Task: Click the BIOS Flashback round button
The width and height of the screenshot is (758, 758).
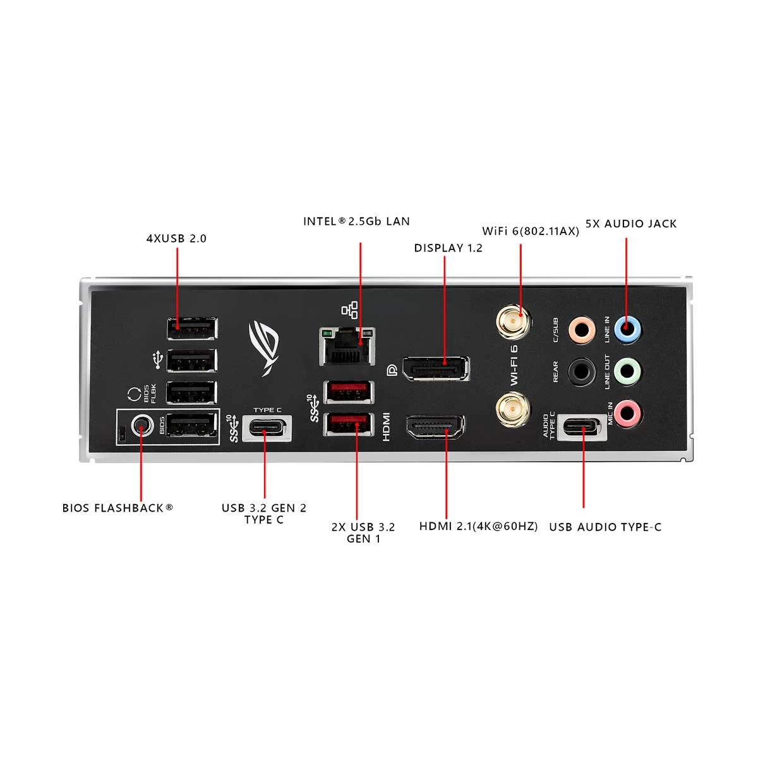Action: (x=141, y=426)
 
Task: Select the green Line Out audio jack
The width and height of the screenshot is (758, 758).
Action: (x=627, y=371)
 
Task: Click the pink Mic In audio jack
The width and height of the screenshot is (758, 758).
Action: (x=627, y=413)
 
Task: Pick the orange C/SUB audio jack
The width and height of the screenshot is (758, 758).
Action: (x=582, y=330)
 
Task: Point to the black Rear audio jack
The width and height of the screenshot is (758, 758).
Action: (x=581, y=371)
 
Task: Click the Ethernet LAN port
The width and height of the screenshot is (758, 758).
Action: (x=347, y=346)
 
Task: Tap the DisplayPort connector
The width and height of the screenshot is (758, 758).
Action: (x=435, y=368)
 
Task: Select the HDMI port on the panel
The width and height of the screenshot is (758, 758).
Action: (x=435, y=428)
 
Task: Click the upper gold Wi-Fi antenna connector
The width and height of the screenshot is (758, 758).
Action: (x=514, y=322)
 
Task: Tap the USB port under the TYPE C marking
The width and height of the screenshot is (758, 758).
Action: (x=267, y=428)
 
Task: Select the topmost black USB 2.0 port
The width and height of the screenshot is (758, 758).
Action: (x=193, y=328)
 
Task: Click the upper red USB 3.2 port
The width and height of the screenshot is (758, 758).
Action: (x=349, y=392)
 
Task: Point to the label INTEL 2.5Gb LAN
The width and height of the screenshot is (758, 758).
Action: (x=356, y=222)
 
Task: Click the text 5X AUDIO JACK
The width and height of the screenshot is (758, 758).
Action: (x=631, y=224)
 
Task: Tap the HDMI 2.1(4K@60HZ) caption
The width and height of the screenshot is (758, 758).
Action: (x=478, y=526)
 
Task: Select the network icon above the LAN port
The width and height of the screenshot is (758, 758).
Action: (x=350, y=310)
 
